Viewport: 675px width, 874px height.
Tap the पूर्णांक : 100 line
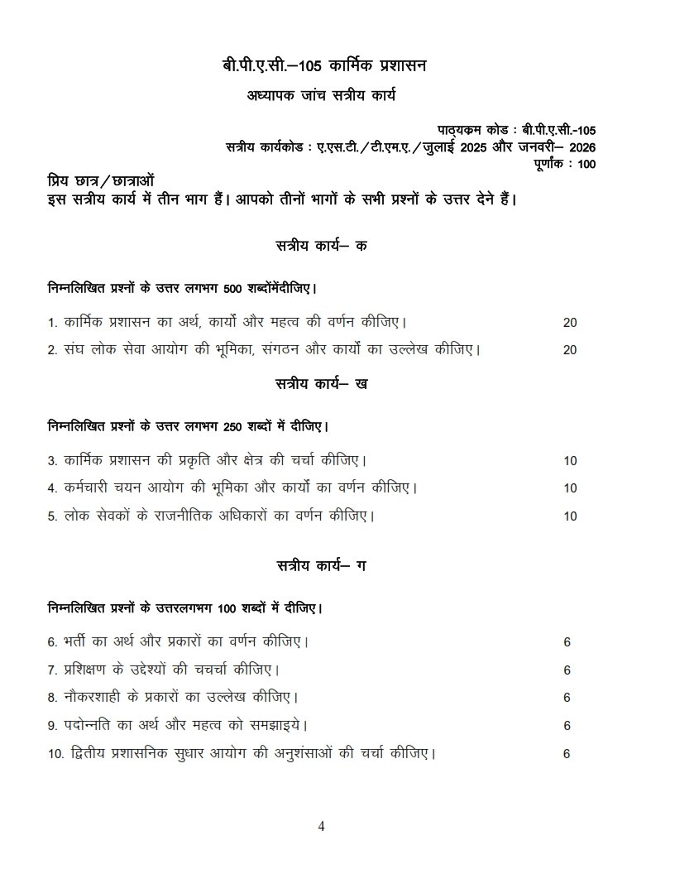(563, 163)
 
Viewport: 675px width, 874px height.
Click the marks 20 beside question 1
(569, 323)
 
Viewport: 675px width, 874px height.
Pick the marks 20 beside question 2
(569, 350)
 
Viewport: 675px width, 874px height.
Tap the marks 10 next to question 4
(569, 488)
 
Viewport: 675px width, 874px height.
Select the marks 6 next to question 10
(567, 754)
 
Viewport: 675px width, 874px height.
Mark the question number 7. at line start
(51, 670)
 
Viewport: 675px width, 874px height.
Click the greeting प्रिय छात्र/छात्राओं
(100, 181)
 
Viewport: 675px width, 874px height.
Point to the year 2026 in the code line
(580, 147)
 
